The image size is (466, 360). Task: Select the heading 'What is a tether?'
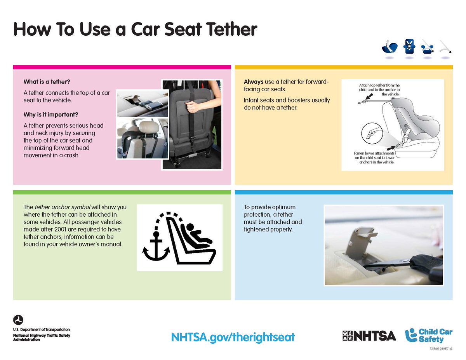47,82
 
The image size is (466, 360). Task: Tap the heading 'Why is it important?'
50,115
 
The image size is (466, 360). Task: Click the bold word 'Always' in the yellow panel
254,82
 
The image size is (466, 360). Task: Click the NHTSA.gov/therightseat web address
233,336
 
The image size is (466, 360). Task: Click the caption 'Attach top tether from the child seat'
379,89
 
